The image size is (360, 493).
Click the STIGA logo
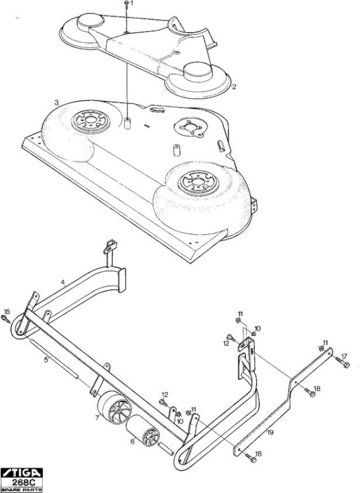22,473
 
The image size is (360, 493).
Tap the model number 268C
22,483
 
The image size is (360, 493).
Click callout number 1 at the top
132,3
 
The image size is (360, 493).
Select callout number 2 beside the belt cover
234,86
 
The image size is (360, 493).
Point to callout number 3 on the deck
57,102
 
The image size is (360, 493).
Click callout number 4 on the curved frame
63,282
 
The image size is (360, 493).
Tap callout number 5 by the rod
46,360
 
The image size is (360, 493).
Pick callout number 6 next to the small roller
133,441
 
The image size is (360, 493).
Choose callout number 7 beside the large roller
97,418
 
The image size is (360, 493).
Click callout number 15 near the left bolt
7,312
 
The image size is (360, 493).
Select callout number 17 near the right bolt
344,357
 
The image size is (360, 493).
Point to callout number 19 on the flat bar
271,433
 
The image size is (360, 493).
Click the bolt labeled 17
342,362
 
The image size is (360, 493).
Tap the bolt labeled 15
6,319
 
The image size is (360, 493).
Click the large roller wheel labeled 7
115,407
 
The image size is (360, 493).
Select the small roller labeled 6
143,430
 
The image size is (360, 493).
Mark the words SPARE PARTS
22,490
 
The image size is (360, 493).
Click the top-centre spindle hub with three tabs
190,127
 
